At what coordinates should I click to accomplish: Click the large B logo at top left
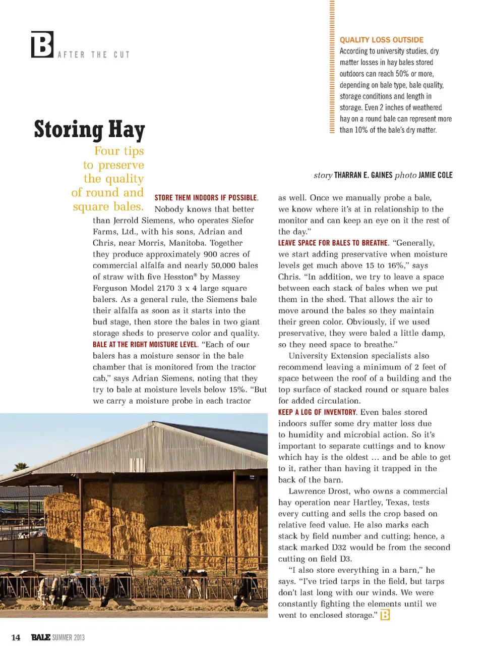(42, 44)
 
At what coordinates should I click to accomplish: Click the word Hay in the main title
(126, 130)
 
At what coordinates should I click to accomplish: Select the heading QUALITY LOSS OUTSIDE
(381, 40)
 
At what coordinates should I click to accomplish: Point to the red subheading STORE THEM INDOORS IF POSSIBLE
(206, 198)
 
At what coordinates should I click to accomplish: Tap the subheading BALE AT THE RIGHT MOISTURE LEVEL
(145, 344)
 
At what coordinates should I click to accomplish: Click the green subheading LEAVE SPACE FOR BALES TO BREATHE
(333, 243)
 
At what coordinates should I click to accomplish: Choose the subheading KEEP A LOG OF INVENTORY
(317, 412)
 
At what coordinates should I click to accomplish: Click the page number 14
(16, 637)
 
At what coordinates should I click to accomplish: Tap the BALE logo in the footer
(40, 637)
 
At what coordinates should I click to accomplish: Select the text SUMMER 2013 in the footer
(68, 638)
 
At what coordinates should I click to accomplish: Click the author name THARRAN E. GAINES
(363, 175)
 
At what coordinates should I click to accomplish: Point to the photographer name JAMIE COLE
(435, 175)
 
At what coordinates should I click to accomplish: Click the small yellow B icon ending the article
(385, 615)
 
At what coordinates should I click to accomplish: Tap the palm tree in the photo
(20, 466)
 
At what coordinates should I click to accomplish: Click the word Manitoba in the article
(187, 243)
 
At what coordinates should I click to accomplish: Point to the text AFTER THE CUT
(94, 54)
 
